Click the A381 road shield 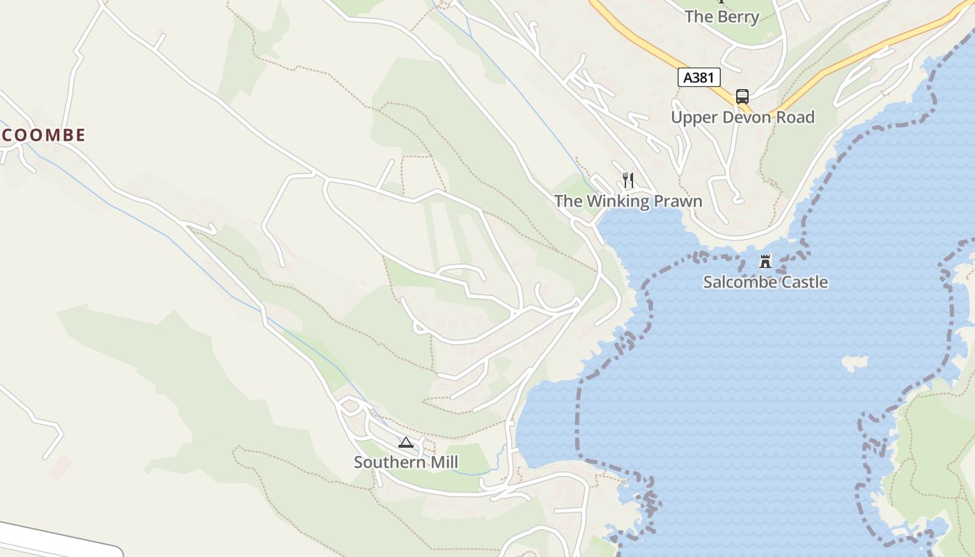tap(699, 77)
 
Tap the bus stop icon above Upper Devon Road tap(742, 96)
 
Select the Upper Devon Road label tap(742, 117)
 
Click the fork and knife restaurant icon tap(628, 180)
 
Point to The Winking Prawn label tap(628, 201)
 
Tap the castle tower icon tap(765, 262)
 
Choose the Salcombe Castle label tap(765, 282)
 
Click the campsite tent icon tap(406, 442)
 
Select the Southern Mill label tap(406, 462)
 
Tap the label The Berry tap(721, 17)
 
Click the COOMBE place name tap(43, 135)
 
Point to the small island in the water tap(855, 362)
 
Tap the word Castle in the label tap(804, 282)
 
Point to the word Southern tap(390, 462)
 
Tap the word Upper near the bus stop tap(692, 118)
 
